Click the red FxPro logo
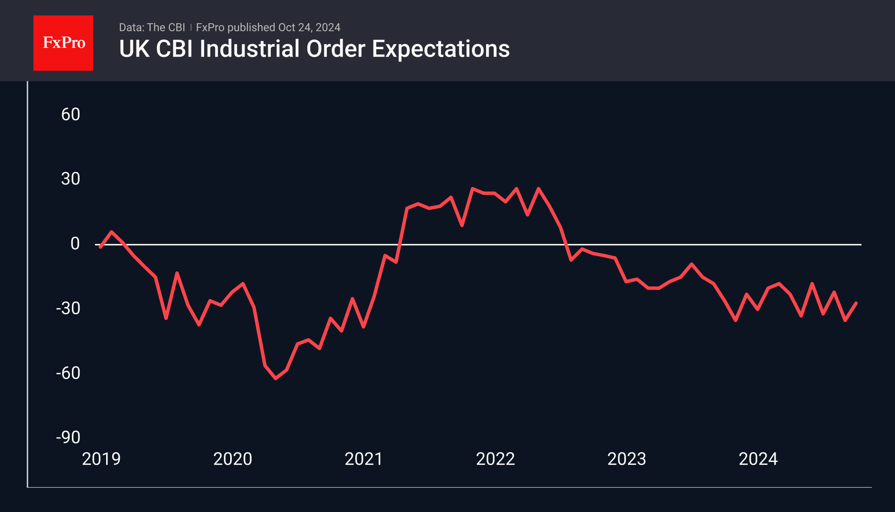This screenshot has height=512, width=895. tap(63, 43)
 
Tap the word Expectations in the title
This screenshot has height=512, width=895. tap(441, 49)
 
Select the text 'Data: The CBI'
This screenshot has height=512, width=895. tap(152, 27)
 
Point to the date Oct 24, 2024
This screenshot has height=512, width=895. tap(309, 27)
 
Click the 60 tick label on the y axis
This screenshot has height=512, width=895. tap(71, 115)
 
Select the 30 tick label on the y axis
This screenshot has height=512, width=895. tap(71, 179)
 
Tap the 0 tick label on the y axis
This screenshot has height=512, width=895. tap(75, 244)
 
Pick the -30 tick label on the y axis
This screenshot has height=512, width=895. tap(68, 308)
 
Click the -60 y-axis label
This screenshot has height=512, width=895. tap(68, 373)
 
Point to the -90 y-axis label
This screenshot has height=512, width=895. tap(68, 438)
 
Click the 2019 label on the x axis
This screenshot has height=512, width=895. tap(101, 459)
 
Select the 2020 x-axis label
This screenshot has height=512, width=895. tap(233, 459)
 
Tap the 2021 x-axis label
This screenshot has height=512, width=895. tap(364, 459)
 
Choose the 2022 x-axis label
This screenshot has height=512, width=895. tap(495, 459)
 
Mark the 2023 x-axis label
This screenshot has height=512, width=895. tap(627, 459)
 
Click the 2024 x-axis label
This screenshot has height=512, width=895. tap(758, 459)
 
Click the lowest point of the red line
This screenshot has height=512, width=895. tap(276, 378)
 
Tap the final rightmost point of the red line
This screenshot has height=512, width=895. tap(856, 303)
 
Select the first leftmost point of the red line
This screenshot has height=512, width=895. tap(101, 247)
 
